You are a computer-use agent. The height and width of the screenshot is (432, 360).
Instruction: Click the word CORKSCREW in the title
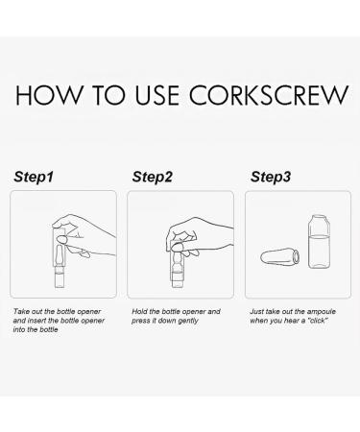click(x=269, y=95)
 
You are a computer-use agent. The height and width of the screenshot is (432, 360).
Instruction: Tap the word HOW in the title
click(x=49, y=95)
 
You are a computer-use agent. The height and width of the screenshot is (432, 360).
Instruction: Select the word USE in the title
click(x=156, y=95)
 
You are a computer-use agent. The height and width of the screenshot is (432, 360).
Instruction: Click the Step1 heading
click(x=34, y=177)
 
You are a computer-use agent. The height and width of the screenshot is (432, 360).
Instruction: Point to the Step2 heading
click(x=153, y=177)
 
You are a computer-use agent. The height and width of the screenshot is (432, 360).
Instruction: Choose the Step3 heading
click(x=271, y=177)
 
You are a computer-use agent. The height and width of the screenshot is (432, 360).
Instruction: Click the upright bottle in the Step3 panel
click(x=319, y=242)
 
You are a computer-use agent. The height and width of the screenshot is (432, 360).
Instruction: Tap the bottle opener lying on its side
click(x=280, y=257)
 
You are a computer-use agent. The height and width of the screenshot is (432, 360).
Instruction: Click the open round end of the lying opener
click(x=297, y=257)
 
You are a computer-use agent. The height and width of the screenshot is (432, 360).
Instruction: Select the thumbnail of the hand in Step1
click(x=61, y=239)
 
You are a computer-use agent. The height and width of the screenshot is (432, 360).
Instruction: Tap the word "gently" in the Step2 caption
click(x=188, y=321)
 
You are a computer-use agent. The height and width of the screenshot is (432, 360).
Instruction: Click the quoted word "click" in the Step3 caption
click(x=318, y=321)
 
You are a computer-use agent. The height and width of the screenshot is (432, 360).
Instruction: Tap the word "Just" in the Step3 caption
click(x=257, y=311)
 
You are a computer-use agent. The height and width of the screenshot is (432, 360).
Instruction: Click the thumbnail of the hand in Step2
click(x=177, y=246)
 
